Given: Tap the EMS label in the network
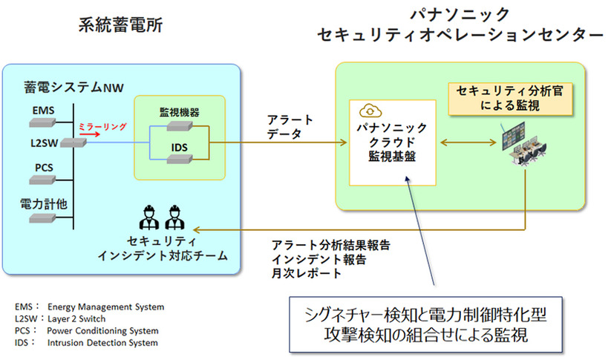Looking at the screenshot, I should coord(43,111).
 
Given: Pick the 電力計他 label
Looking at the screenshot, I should coord(42,201).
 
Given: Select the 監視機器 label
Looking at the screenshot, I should coord(180,111).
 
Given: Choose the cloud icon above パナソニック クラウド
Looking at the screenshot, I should coord(369,111).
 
